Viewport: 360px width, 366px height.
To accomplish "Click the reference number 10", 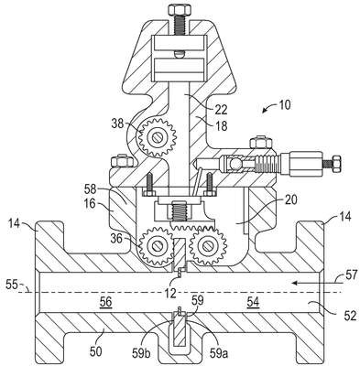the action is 285,105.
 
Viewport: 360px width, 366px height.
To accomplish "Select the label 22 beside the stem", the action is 221,110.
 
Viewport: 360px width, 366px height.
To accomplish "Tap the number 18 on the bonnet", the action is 221,125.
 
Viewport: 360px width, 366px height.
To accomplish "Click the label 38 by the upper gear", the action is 117,124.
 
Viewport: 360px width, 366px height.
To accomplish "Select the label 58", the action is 91,189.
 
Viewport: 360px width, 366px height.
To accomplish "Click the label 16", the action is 90,203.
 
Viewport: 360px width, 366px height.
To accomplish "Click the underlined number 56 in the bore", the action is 105,303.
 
